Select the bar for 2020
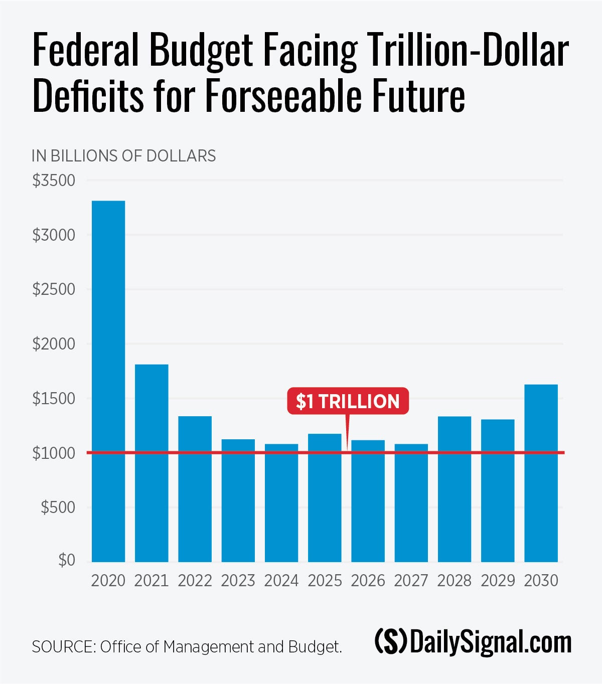point(108,381)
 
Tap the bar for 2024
point(281,503)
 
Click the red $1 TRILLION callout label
point(348,402)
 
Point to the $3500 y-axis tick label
point(54,181)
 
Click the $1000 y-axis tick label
point(54,453)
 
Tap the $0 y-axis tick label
point(66,560)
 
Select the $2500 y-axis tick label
point(54,290)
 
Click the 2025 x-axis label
point(325,581)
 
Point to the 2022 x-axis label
point(195,581)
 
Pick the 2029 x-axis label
point(498,581)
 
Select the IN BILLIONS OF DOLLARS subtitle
point(123,156)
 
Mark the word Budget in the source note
point(315,647)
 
